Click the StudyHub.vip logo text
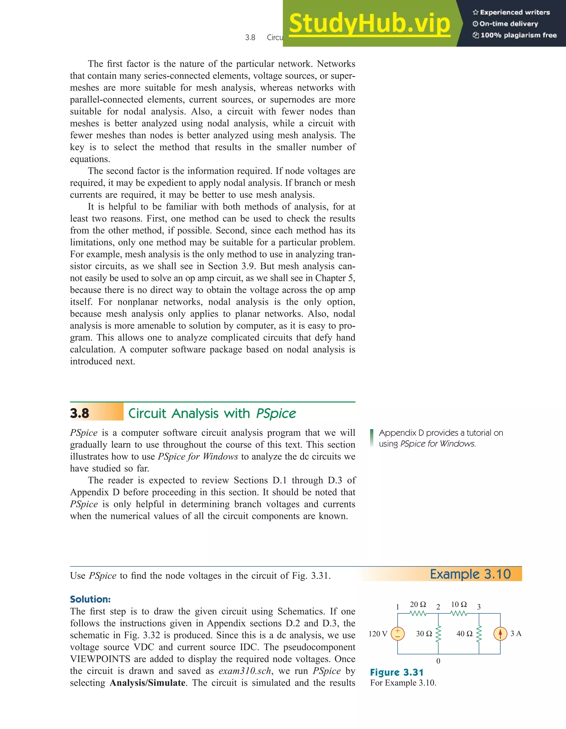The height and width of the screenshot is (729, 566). point(369,23)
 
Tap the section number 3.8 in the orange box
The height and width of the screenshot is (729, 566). point(80,413)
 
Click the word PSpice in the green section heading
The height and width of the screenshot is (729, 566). point(276,413)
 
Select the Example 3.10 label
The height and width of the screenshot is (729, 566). point(470,574)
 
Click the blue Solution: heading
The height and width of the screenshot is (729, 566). point(90,599)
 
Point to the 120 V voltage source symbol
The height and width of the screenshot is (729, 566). point(397,634)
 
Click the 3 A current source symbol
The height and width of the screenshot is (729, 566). point(500,634)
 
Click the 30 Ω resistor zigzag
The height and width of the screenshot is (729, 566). point(438,634)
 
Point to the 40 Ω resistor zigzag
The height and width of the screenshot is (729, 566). point(479,634)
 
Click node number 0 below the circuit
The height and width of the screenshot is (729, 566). point(438,661)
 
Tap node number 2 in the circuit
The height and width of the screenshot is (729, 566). point(438,607)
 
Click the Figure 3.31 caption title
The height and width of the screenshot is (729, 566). point(397,672)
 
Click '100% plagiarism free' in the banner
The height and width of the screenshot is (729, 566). point(518,35)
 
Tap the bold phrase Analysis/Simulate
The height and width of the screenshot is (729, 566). point(148,683)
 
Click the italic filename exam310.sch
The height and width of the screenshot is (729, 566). point(245,671)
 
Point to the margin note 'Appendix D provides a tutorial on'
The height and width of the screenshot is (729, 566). point(441,433)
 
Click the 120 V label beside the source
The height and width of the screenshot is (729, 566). point(378,634)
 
